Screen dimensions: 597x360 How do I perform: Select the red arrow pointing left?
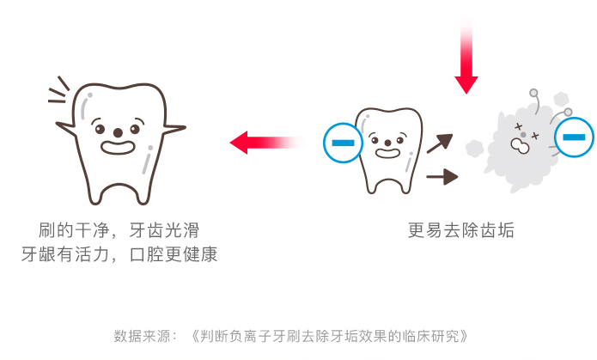click(266, 141)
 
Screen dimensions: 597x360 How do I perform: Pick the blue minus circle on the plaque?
click(574, 137)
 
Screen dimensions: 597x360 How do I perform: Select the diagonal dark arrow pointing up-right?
click(439, 143)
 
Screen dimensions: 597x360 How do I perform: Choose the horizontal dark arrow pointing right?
click(442, 177)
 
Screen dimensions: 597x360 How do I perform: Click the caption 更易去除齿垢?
click(461, 230)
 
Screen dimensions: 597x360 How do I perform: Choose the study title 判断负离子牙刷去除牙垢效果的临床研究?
click(331, 335)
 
